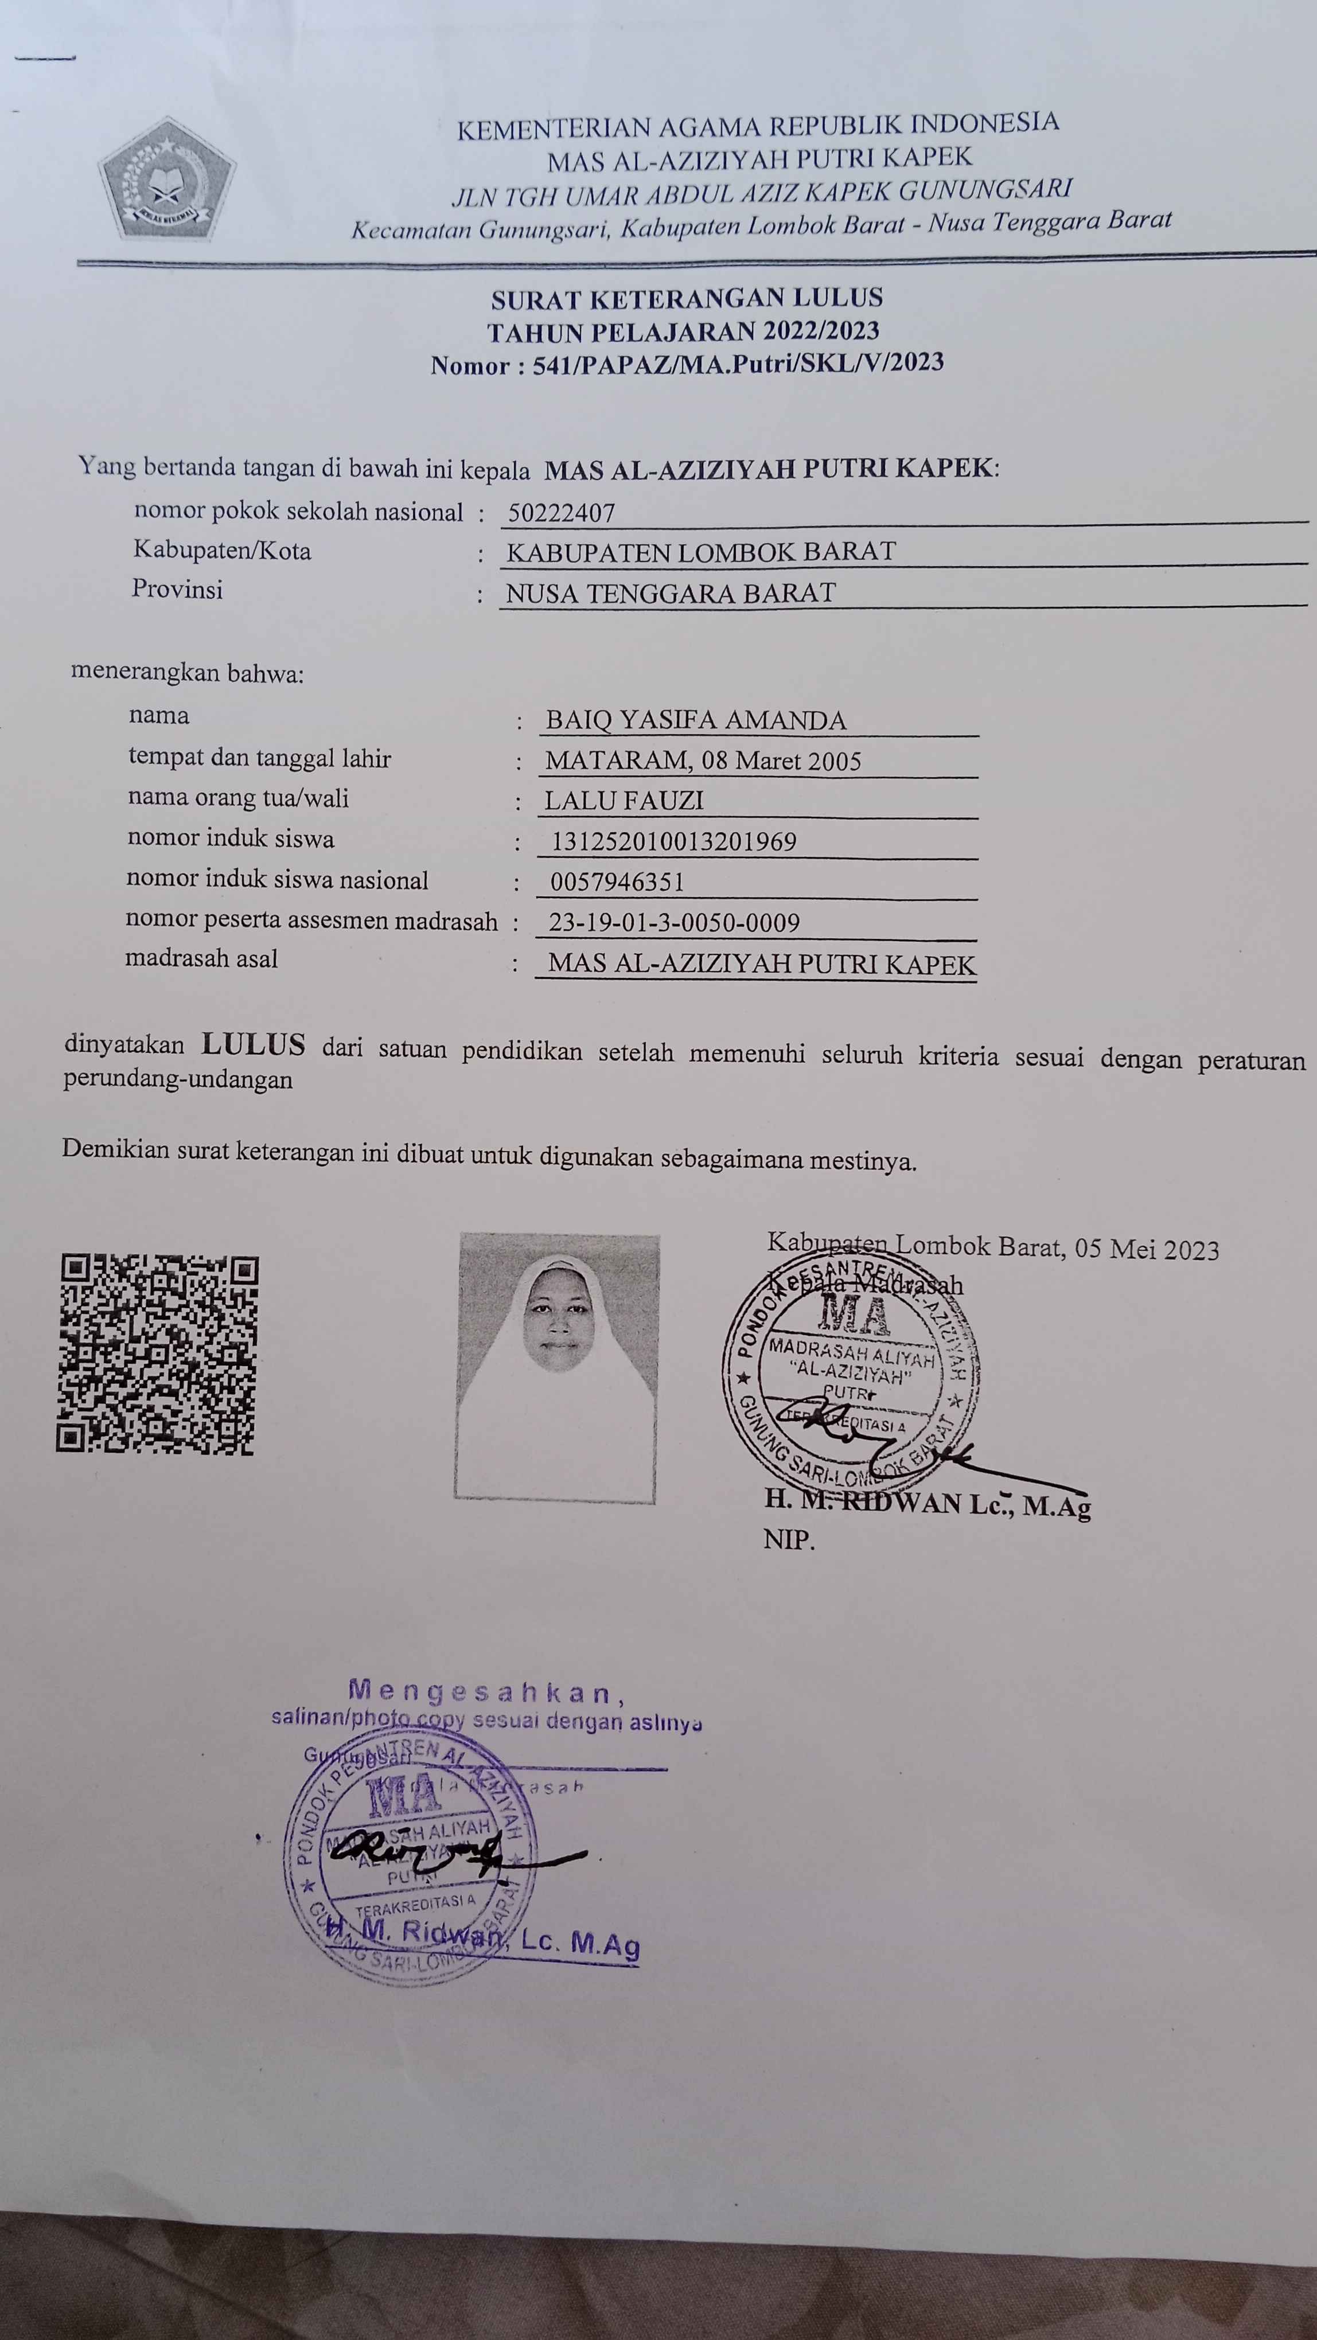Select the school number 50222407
(x=562, y=513)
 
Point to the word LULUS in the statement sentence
(x=254, y=1046)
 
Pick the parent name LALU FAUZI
(x=624, y=800)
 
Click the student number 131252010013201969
(x=673, y=841)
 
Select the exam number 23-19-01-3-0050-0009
(x=674, y=923)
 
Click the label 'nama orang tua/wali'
(x=238, y=798)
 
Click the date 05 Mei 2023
(x=1146, y=1250)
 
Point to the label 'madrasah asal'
(x=202, y=958)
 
